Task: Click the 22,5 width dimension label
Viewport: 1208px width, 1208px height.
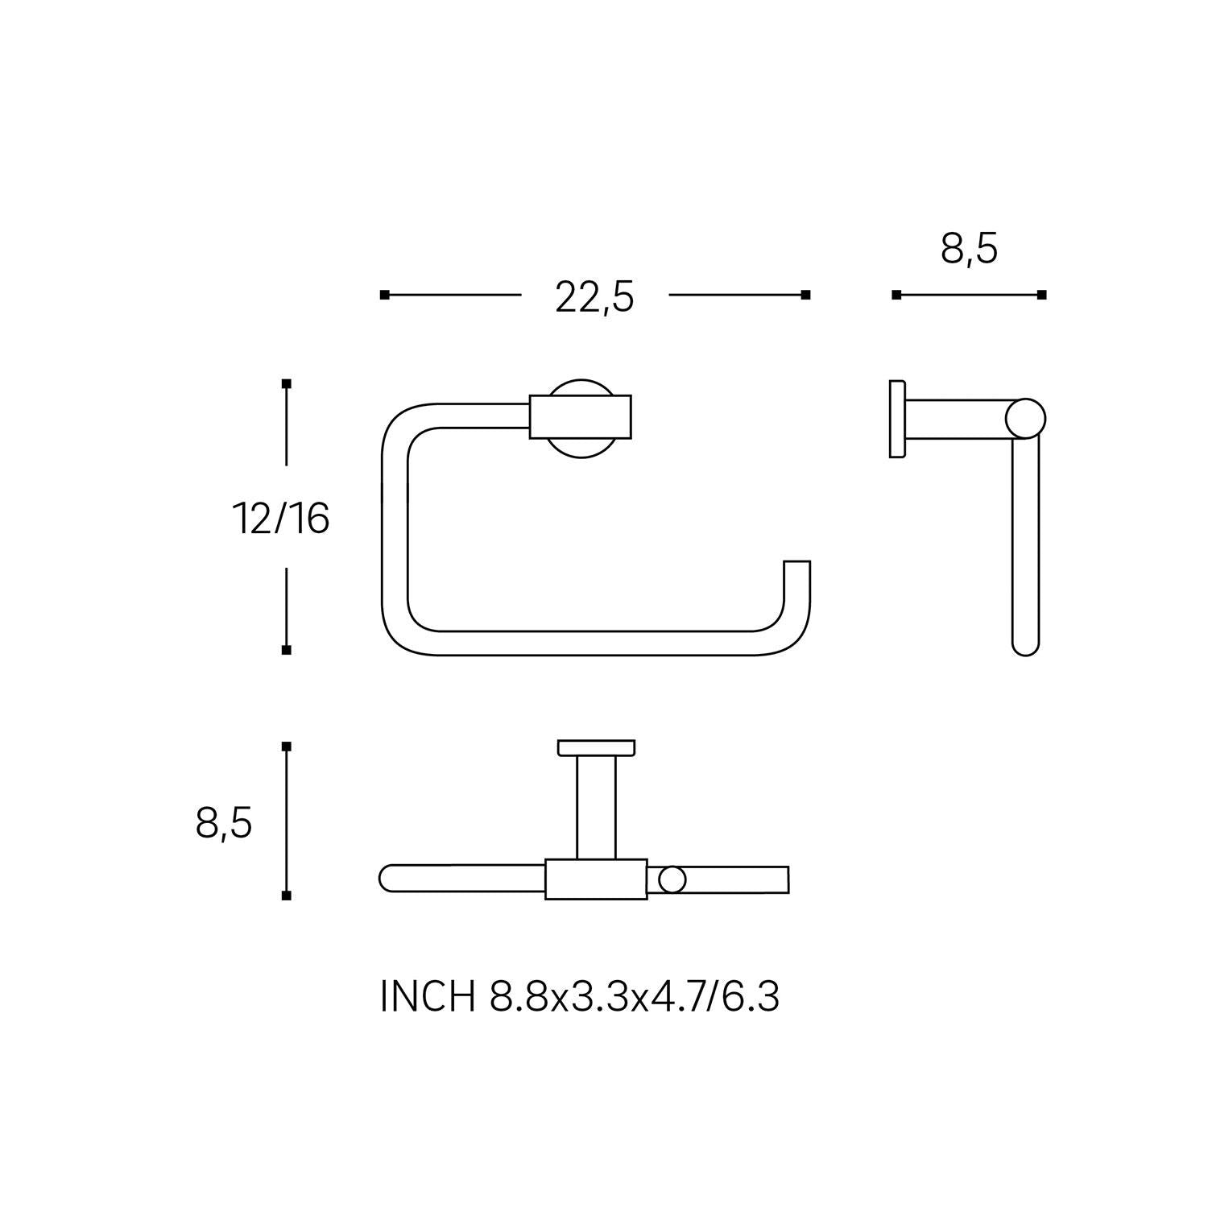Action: tap(594, 298)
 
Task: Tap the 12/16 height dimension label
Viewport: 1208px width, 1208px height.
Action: tap(281, 518)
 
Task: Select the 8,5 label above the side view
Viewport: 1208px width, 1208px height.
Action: tap(969, 249)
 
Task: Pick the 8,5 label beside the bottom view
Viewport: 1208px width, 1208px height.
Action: tap(224, 823)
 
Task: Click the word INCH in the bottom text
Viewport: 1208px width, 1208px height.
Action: tap(427, 998)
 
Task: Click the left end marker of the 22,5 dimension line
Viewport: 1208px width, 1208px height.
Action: tap(384, 295)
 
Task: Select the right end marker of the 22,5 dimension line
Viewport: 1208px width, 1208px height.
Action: tap(805, 295)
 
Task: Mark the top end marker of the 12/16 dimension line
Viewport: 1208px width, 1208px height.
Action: tap(286, 383)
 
